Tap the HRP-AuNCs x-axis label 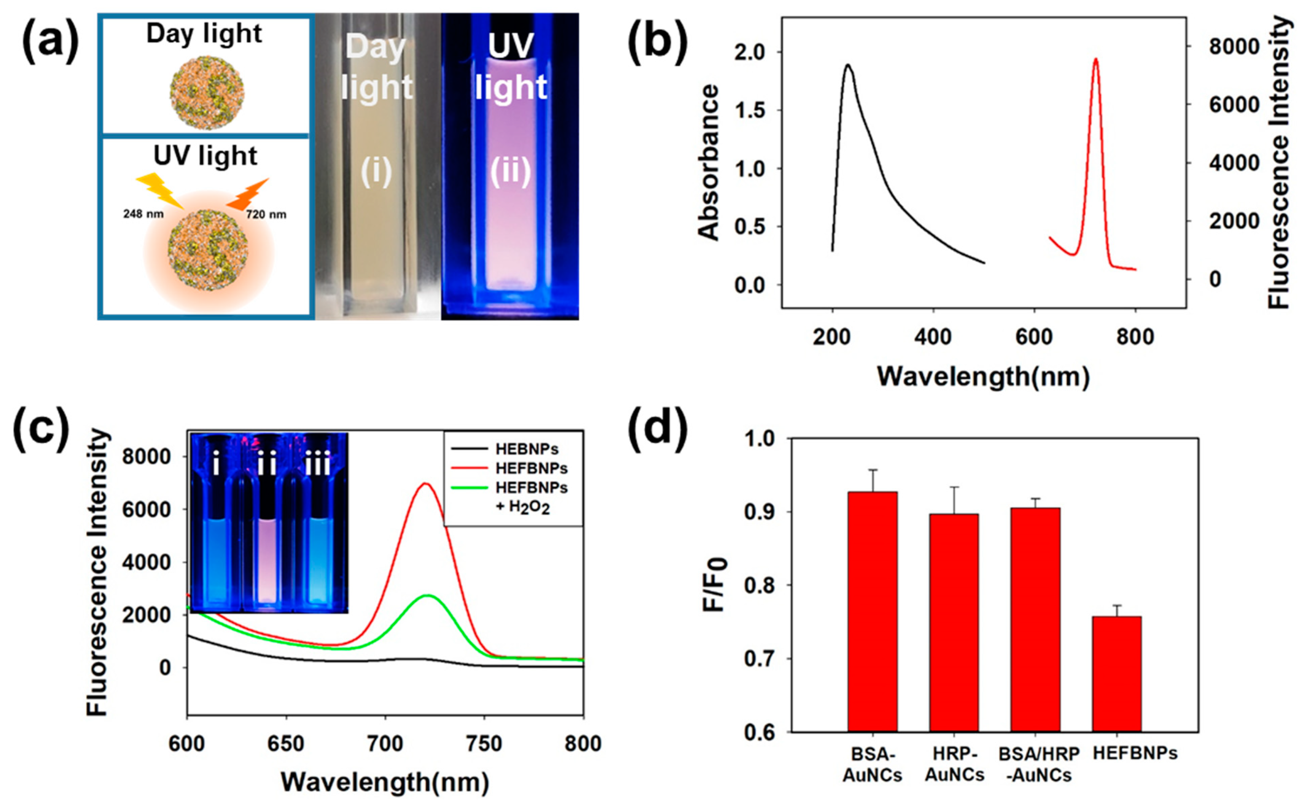tap(954, 764)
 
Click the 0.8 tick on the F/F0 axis tap(760, 585)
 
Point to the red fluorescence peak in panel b tap(1095, 60)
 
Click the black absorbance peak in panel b tap(848, 65)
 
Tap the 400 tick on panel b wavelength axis tap(933, 337)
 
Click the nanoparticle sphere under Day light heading tap(207, 92)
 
